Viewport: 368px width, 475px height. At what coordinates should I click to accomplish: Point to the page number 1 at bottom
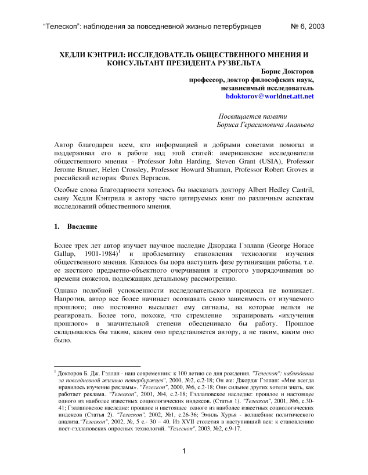(x=183, y=451)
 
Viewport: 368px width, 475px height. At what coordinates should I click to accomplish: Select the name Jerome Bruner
(x=77, y=170)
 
